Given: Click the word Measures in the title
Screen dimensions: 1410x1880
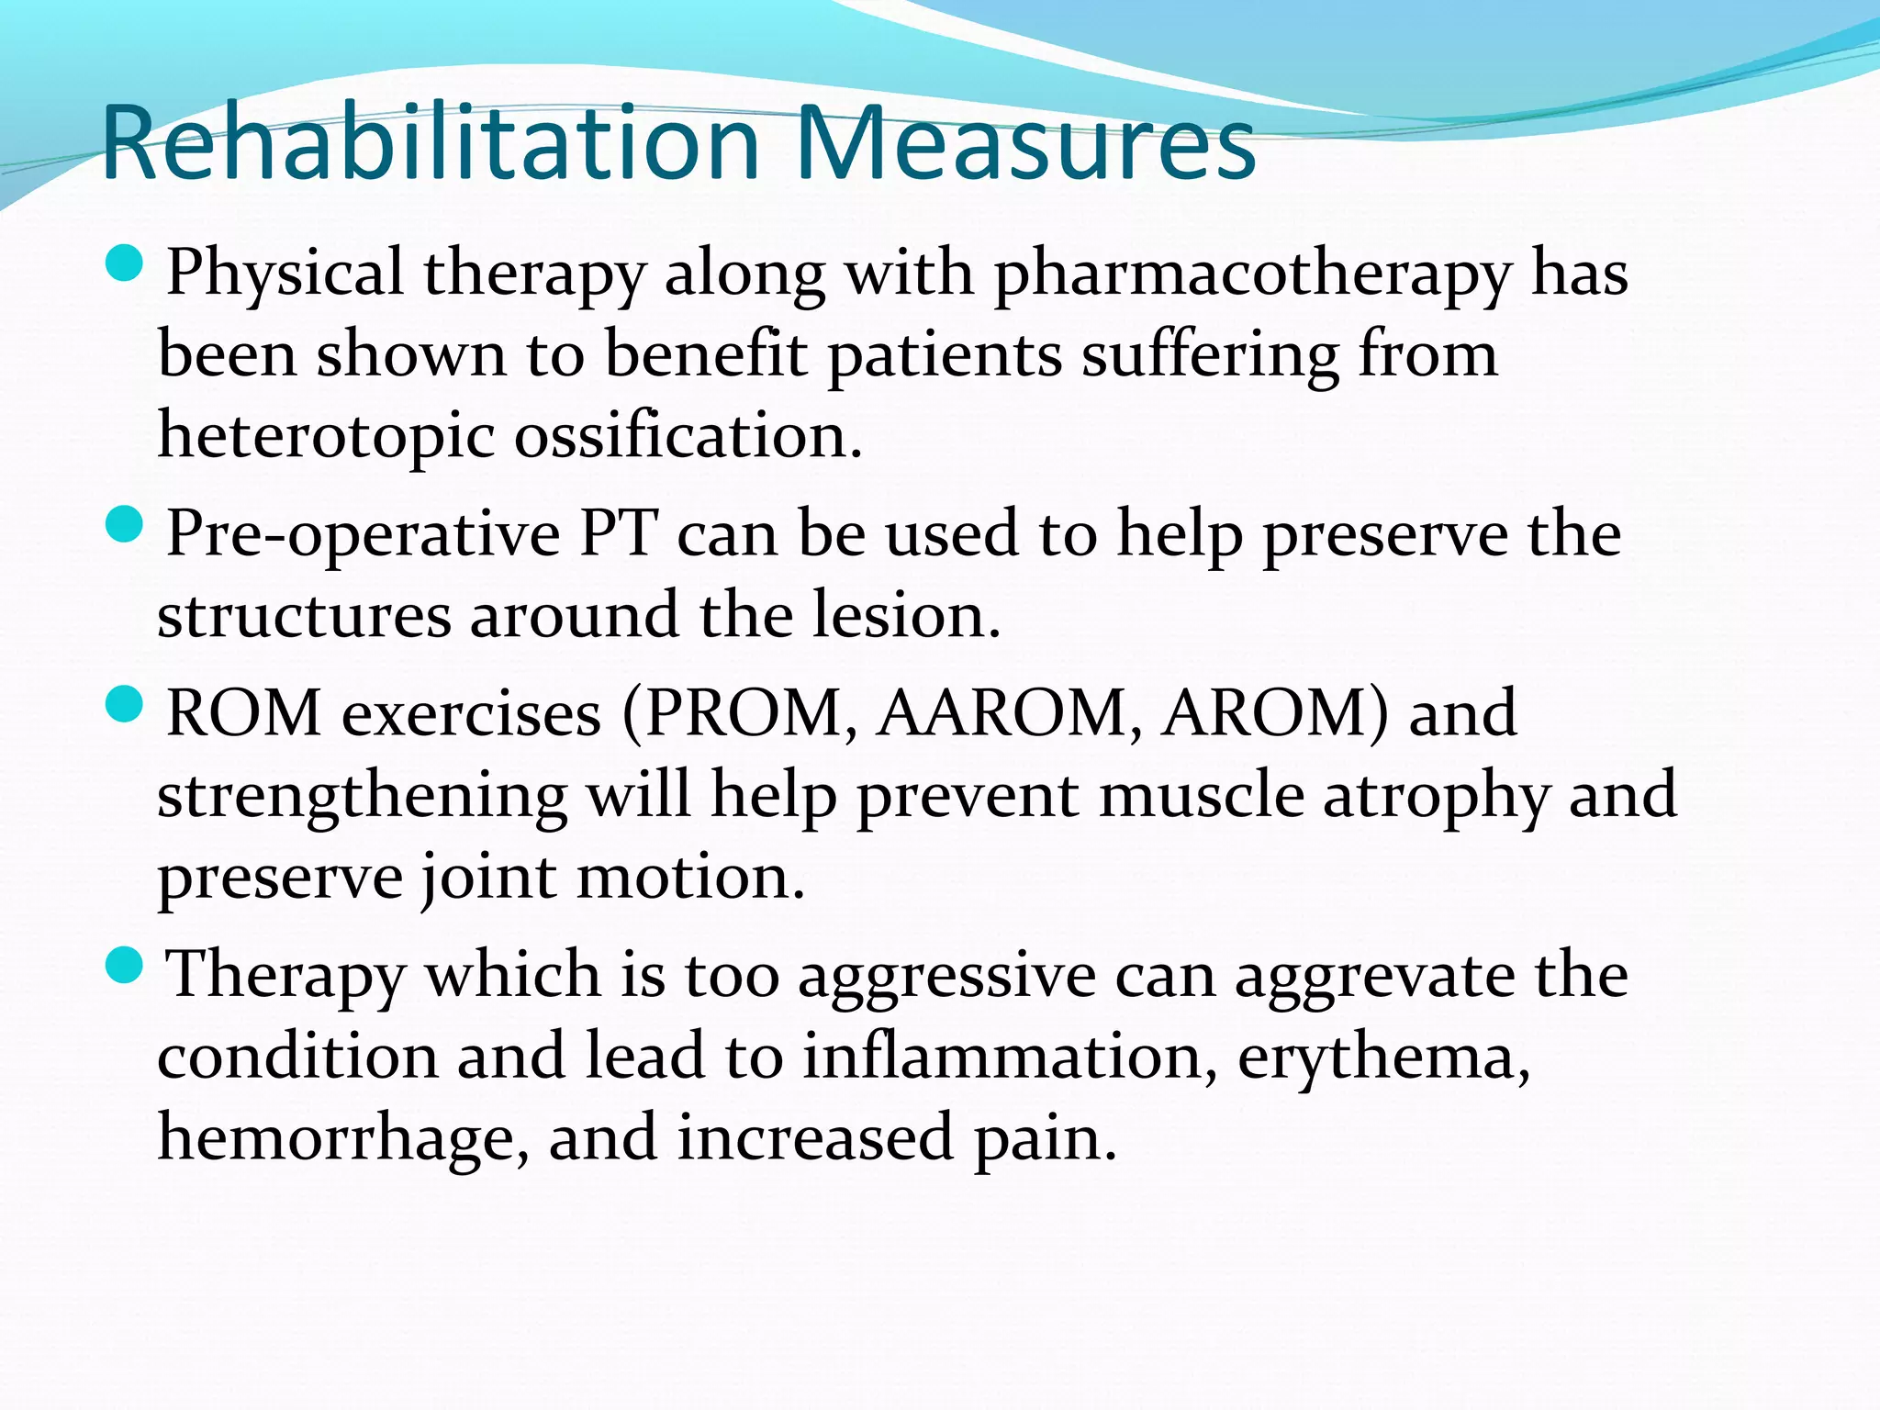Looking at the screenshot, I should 1025,144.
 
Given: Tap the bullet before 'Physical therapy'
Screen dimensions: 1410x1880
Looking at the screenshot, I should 125,263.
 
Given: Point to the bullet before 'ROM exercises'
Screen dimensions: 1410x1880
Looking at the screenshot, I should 125,705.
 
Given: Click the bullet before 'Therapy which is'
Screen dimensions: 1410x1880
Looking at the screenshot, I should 125,966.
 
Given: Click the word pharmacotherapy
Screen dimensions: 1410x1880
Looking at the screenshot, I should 1252,275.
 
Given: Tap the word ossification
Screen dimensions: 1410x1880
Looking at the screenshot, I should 687,435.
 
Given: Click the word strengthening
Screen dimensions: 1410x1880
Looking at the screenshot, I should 362,797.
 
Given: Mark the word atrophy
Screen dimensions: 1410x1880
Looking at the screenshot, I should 1436,797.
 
